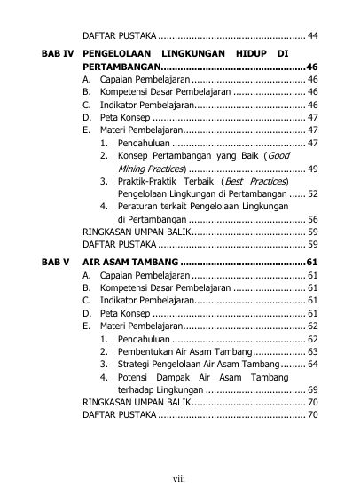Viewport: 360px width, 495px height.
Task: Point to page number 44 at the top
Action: coord(312,36)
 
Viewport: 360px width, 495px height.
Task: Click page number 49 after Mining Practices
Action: coord(312,169)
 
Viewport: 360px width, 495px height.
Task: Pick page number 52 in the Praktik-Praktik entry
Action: coord(312,193)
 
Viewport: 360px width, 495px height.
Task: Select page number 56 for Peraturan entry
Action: coord(312,219)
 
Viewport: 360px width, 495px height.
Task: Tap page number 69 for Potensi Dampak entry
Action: coord(312,389)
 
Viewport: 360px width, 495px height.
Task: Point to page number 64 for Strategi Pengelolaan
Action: coord(312,364)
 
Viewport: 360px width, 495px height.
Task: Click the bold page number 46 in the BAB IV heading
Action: coord(311,67)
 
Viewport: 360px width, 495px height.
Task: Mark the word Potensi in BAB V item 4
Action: coord(133,377)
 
